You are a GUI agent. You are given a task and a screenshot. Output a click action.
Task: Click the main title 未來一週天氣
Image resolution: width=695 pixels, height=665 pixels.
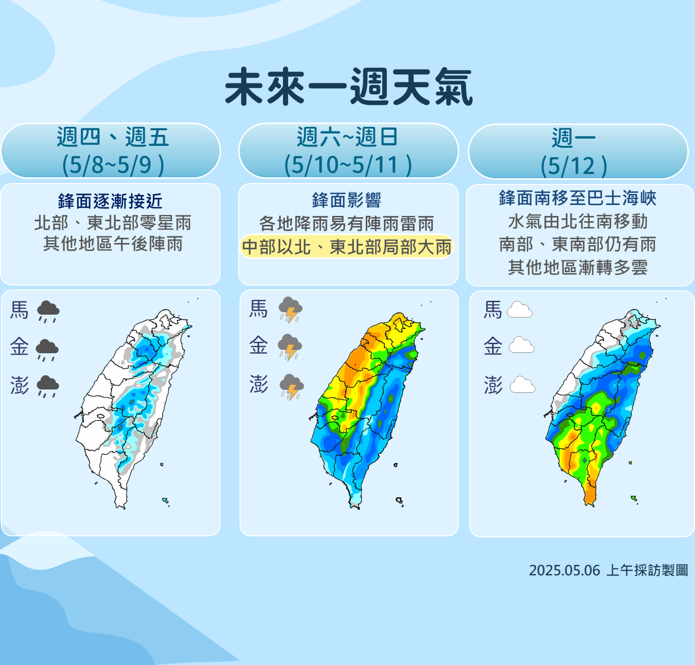click(348, 87)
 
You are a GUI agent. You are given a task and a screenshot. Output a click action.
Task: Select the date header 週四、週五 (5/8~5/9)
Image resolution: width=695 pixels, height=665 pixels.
click(112, 151)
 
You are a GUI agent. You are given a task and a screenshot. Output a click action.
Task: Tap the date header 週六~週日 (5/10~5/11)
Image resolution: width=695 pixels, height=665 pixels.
click(348, 151)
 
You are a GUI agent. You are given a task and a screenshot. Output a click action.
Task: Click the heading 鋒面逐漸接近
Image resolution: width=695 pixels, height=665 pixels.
click(110, 201)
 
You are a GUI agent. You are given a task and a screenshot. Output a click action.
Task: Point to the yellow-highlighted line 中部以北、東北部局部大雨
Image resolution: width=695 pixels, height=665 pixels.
click(346, 247)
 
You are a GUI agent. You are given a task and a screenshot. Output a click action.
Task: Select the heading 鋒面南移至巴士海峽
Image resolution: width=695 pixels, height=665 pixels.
click(577, 198)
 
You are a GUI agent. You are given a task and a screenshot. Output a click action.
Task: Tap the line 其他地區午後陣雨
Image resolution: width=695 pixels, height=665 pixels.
click(113, 244)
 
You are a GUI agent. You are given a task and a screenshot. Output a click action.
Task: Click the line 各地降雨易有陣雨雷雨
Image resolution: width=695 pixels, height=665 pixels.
click(346, 223)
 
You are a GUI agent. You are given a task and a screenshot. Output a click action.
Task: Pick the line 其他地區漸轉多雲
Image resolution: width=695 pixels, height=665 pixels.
click(577, 267)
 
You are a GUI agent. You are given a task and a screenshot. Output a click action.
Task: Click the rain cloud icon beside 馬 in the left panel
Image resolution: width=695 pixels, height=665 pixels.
click(48, 311)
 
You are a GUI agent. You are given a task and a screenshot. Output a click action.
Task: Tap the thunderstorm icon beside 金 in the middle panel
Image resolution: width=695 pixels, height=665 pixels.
click(290, 347)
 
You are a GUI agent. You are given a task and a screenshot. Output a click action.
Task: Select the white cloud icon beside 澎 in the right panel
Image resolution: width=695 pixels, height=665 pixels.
click(522, 385)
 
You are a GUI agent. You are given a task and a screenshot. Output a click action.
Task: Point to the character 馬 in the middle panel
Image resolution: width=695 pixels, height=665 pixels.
click(259, 309)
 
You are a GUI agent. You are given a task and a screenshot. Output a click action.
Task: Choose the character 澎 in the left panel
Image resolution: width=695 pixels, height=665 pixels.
click(20, 385)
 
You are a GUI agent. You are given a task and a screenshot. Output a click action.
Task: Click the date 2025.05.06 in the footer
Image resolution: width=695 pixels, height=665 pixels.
click(564, 570)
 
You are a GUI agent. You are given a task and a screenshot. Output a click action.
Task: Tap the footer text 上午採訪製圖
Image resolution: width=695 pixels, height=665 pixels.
click(647, 570)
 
